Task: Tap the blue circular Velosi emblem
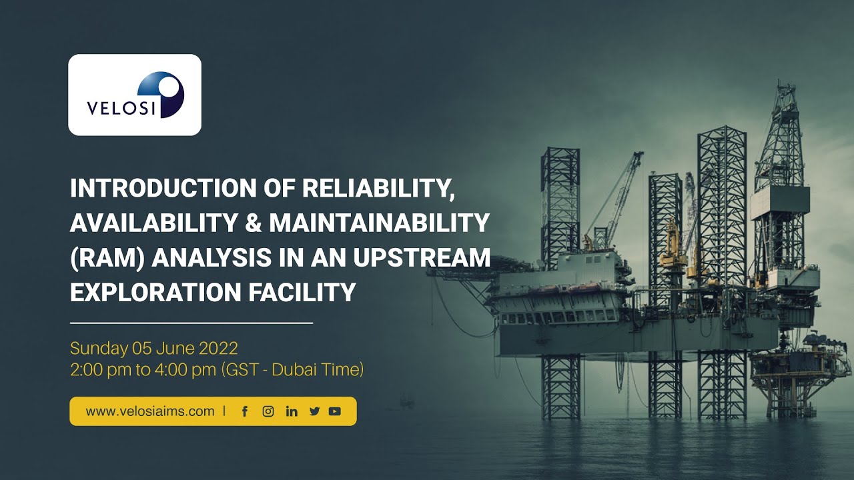point(161,94)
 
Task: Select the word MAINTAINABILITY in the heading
point(380,223)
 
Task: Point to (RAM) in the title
point(107,258)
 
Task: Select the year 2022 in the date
point(218,348)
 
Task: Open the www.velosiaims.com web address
point(150,411)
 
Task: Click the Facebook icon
point(245,411)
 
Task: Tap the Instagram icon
point(268,411)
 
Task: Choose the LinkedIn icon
point(292,411)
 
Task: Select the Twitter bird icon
point(314,411)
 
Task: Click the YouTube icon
point(335,411)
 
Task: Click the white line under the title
point(191,323)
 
